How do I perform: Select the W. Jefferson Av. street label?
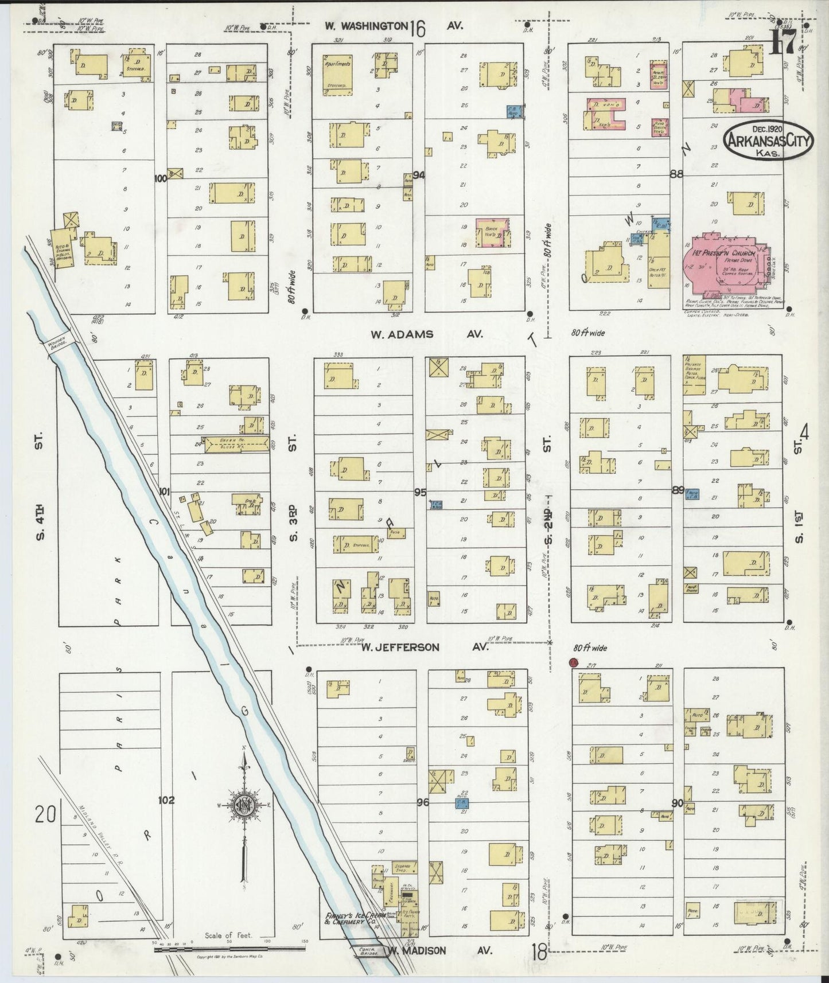(x=425, y=647)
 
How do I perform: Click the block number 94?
(x=419, y=175)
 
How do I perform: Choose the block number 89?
(x=678, y=490)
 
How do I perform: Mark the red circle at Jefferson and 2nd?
(x=572, y=662)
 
